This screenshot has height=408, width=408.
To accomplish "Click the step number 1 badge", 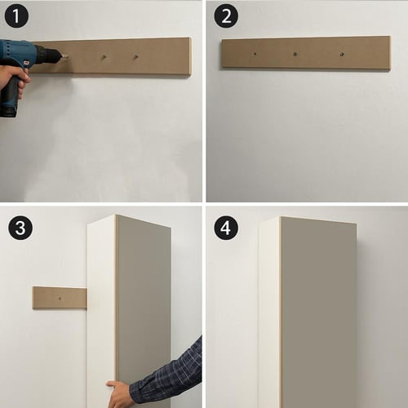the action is [16, 16].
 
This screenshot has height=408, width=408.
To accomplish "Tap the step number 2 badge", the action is [226, 16].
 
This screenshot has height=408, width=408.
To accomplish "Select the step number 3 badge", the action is [20, 228].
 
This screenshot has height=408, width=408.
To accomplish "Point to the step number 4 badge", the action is [226, 228].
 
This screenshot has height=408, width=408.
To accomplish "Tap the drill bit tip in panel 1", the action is [67, 56].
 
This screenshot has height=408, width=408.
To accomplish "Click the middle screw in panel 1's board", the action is [104, 57].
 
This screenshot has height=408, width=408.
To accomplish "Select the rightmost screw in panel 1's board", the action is [135, 57].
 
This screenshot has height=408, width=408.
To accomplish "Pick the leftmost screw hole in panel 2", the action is [255, 54].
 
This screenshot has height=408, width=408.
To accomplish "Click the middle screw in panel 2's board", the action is [295, 54].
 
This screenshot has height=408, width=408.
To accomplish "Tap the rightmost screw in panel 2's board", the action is [342, 55].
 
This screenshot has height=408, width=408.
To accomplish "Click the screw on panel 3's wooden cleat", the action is [60, 299].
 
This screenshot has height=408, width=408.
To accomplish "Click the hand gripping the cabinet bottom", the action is [118, 394].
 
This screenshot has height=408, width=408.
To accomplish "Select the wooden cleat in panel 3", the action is [60, 298].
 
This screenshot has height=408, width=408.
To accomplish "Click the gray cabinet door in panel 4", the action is [319, 313].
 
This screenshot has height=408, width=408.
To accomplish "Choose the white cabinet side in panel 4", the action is [269, 313].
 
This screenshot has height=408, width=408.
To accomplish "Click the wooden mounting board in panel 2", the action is [306, 54].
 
